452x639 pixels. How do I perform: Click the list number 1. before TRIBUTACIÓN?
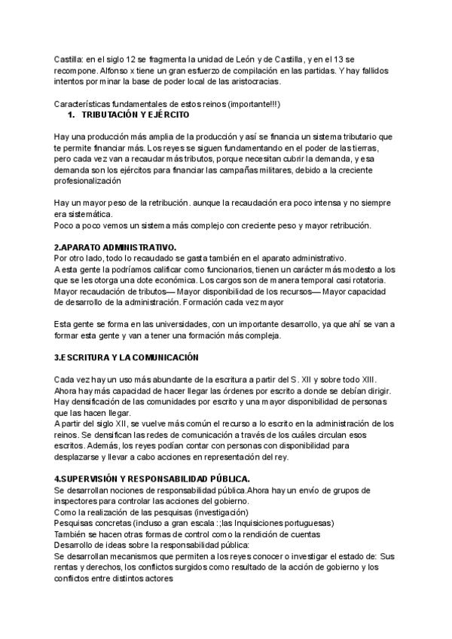(72, 115)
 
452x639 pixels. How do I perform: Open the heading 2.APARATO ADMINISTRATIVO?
(115, 247)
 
